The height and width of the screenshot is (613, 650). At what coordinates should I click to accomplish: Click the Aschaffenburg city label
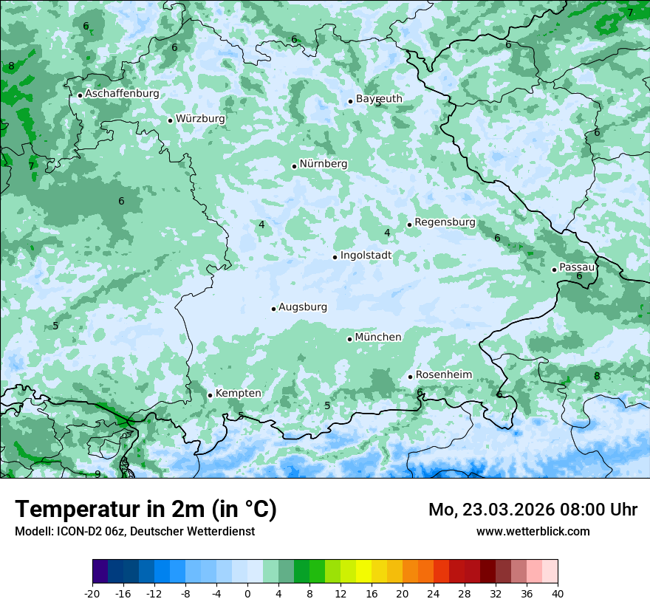pos(122,94)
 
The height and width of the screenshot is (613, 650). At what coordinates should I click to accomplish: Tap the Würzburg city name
pos(200,119)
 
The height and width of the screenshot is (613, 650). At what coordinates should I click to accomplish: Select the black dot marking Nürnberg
pos(294,166)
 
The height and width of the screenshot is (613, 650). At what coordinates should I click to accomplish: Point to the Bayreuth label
pos(379,99)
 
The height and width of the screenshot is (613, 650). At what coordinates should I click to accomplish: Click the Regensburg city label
pos(445,222)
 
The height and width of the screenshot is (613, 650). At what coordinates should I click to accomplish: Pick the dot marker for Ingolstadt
pos(335,257)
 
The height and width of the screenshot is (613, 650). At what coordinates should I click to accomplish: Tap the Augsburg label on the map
pos(302,307)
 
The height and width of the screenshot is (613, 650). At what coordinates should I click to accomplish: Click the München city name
pos(377,338)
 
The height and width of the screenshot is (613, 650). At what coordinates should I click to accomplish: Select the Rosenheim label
pos(443,375)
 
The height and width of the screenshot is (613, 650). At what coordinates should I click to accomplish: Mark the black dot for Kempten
pos(210,395)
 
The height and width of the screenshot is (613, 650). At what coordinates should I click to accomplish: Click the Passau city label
pos(576,267)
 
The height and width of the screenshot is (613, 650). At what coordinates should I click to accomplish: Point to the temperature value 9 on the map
pos(97,474)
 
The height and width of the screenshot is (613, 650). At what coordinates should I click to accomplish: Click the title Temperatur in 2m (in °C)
pos(146,510)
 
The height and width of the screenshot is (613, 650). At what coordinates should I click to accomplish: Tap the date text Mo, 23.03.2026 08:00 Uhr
pos(533,510)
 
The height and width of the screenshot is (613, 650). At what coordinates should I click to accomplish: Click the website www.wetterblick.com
pos(533,531)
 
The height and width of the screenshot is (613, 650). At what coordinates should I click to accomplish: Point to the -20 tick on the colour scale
pos(92,594)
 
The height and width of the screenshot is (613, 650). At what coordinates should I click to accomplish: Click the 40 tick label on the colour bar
pos(558,594)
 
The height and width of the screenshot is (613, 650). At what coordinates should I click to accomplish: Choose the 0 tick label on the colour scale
pos(247,594)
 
